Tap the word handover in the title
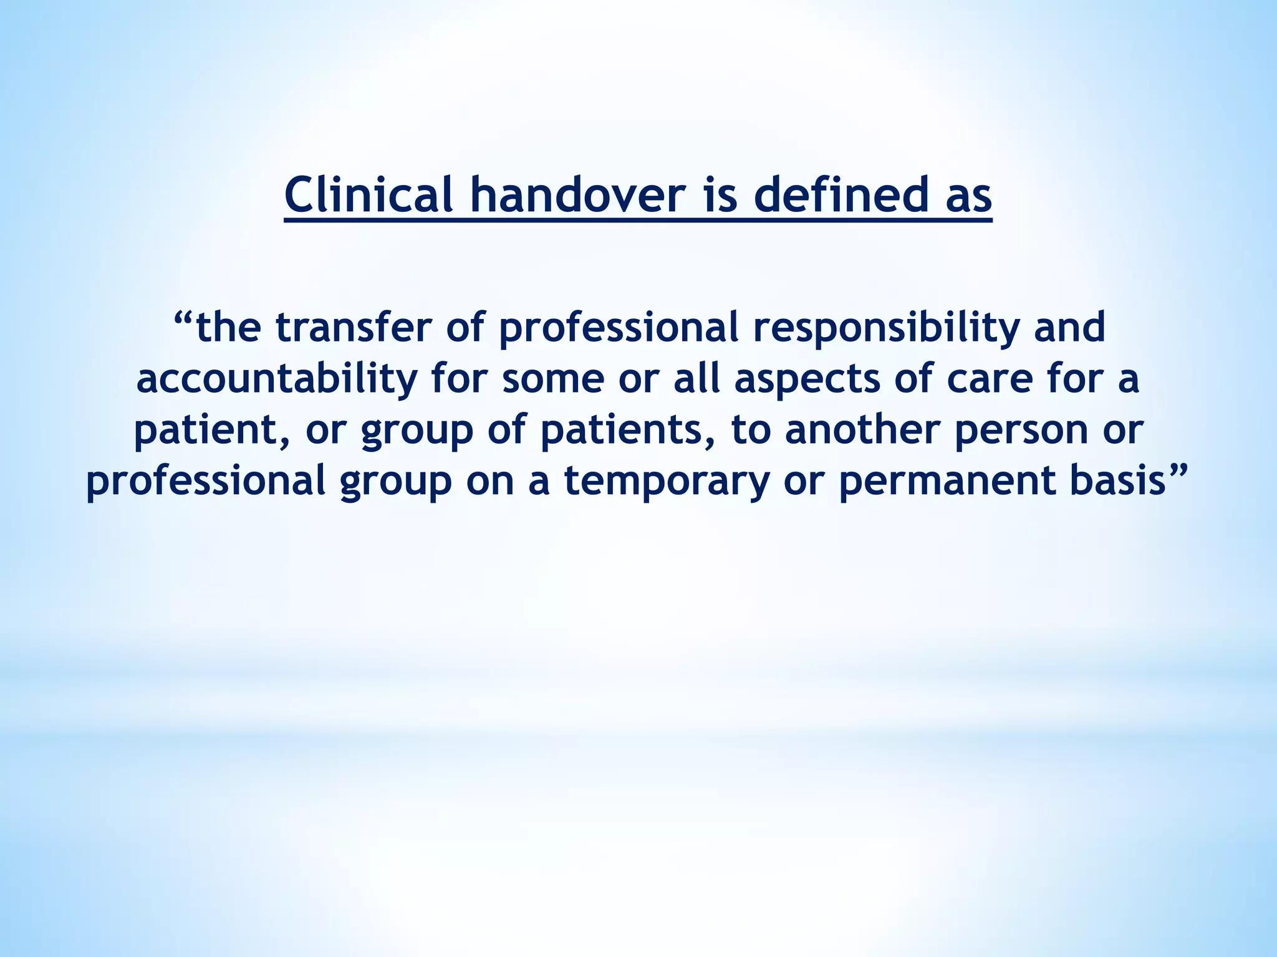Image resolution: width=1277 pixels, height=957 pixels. point(577,195)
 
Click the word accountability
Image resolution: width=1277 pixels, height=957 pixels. point(277,379)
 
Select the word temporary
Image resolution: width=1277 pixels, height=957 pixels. point(667,482)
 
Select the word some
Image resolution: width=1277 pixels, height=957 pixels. point(553,380)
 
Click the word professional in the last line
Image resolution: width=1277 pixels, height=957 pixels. point(206,482)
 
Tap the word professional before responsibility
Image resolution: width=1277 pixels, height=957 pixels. point(618,329)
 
